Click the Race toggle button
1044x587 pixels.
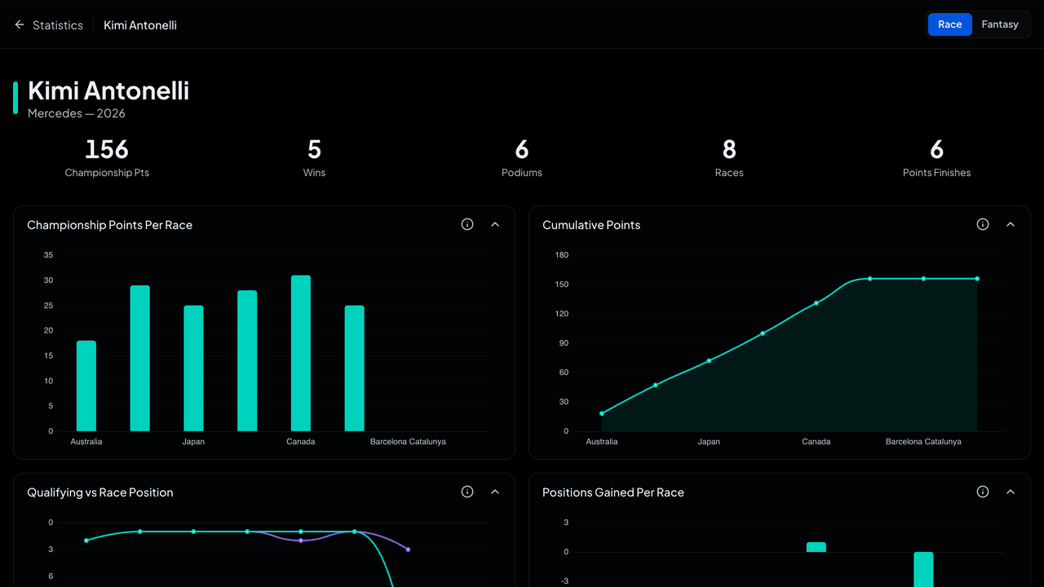pyautogui.click(x=949, y=24)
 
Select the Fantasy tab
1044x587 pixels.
pyautogui.click(x=1000, y=24)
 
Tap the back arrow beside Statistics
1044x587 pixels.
pyautogui.click(x=19, y=24)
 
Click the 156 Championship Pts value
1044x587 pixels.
pyautogui.click(x=107, y=149)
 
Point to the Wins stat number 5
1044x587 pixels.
pyautogui.click(x=314, y=149)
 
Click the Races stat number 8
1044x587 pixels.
pyautogui.click(x=729, y=149)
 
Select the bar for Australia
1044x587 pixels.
pyautogui.click(x=86, y=386)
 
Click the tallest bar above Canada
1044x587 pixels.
pyautogui.click(x=301, y=353)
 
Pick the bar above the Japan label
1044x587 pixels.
pyautogui.click(x=193, y=368)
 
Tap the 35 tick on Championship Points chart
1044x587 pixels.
pyautogui.click(x=48, y=255)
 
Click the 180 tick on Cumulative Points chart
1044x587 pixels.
pyautogui.click(x=562, y=255)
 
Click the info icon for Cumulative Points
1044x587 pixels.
pyautogui.click(x=983, y=224)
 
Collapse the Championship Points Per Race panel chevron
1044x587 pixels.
pyautogui.click(x=495, y=224)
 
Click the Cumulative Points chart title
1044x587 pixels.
pyautogui.click(x=591, y=225)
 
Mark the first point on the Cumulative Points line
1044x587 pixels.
pyautogui.click(x=602, y=413)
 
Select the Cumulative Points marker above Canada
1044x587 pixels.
pyautogui.click(x=816, y=303)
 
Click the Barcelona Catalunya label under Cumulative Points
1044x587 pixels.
pyautogui.click(x=923, y=442)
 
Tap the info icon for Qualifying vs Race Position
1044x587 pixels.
pyautogui.click(x=467, y=492)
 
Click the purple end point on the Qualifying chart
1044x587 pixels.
pyautogui.click(x=408, y=549)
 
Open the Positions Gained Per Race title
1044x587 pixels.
pyautogui.click(x=613, y=492)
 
